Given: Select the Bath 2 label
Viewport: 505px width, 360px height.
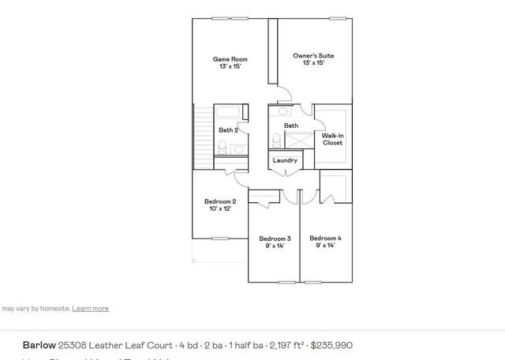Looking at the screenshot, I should click(x=228, y=129).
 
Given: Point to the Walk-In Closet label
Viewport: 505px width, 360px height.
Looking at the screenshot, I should click(x=332, y=139).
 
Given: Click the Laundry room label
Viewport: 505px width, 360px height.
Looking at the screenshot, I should click(x=285, y=160).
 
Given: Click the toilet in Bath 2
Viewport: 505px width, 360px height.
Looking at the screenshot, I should click(x=223, y=146).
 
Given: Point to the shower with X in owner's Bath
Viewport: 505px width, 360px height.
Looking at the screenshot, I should click(x=300, y=141).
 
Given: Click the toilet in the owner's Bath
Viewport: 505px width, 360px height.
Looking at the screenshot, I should click(x=275, y=140).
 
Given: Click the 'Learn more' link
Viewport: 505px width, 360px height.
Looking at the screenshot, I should click(x=90, y=308).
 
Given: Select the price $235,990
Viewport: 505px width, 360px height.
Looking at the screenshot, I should click(x=331, y=345).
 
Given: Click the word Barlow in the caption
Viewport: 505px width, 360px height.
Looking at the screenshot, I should click(x=39, y=345).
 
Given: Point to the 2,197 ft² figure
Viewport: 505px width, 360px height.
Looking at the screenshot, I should click(x=286, y=345).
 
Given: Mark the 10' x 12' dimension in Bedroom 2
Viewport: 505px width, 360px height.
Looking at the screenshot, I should click(x=220, y=209).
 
